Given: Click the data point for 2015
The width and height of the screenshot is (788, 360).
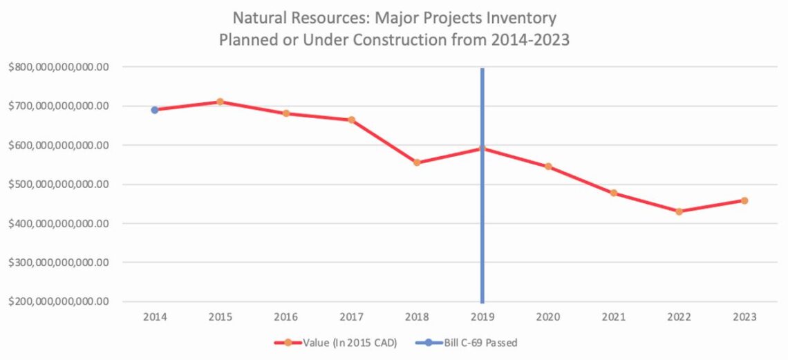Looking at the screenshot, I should (220, 102).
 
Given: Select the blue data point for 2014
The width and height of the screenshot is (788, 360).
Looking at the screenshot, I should (155, 110).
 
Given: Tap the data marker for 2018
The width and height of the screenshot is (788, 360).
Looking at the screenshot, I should (417, 162).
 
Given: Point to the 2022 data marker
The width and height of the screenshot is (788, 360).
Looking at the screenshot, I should (679, 211).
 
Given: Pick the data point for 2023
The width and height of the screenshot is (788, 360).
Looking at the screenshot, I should (744, 200).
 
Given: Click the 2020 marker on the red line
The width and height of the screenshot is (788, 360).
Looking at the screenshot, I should (548, 167).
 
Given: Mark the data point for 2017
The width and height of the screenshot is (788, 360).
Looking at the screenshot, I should (351, 120).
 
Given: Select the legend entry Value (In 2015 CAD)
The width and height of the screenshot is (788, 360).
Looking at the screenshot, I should (336, 342).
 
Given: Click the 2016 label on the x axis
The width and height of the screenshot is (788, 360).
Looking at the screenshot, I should (285, 317).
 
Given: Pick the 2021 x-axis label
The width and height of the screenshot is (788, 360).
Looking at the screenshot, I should (613, 317).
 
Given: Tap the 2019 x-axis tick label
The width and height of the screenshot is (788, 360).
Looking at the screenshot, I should (482, 317).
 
